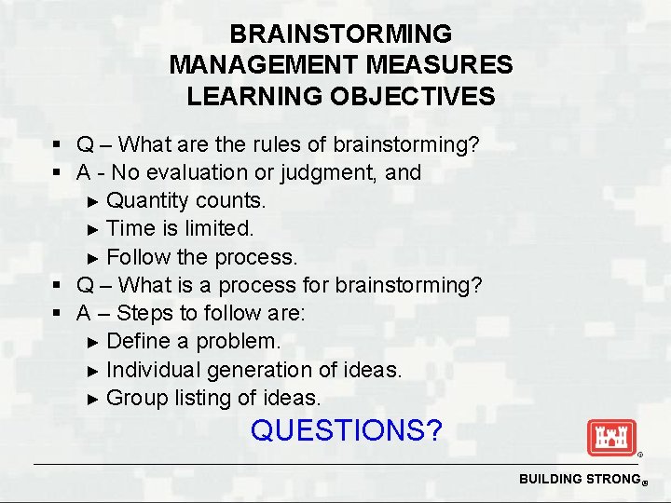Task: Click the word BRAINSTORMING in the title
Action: point(340,34)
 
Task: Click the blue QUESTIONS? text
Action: point(347,430)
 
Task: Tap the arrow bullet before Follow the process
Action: point(92,257)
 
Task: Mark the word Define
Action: point(139,341)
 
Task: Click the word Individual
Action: point(153,370)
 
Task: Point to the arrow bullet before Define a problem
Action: point(92,342)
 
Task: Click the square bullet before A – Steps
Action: point(57,314)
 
